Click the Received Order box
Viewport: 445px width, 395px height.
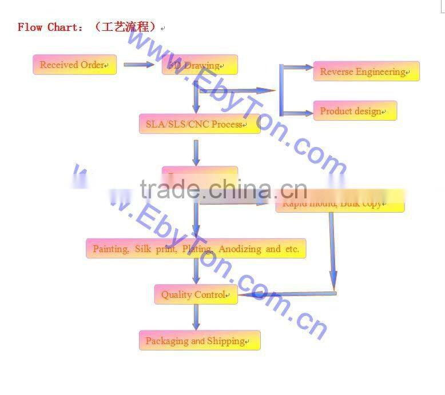[74, 65]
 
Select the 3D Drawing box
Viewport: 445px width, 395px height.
[200, 65]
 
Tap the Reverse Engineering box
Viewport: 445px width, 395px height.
[366, 71]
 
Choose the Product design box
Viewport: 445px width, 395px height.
[355, 111]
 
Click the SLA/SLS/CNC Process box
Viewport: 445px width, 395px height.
[199, 124]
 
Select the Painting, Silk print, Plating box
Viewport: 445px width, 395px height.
[196, 249]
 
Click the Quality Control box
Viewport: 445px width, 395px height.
[196, 294]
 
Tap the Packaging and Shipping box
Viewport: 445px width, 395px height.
[199, 341]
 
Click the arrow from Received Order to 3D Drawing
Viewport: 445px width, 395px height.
[139, 65]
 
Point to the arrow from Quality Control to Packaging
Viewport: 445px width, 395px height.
[196, 317]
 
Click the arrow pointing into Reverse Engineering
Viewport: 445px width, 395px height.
[297, 67]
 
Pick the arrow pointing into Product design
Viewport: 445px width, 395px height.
[297, 113]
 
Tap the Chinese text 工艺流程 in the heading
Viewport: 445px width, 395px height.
[126, 27]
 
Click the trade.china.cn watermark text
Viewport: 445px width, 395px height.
[223, 189]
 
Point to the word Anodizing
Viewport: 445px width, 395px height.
[240, 249]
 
